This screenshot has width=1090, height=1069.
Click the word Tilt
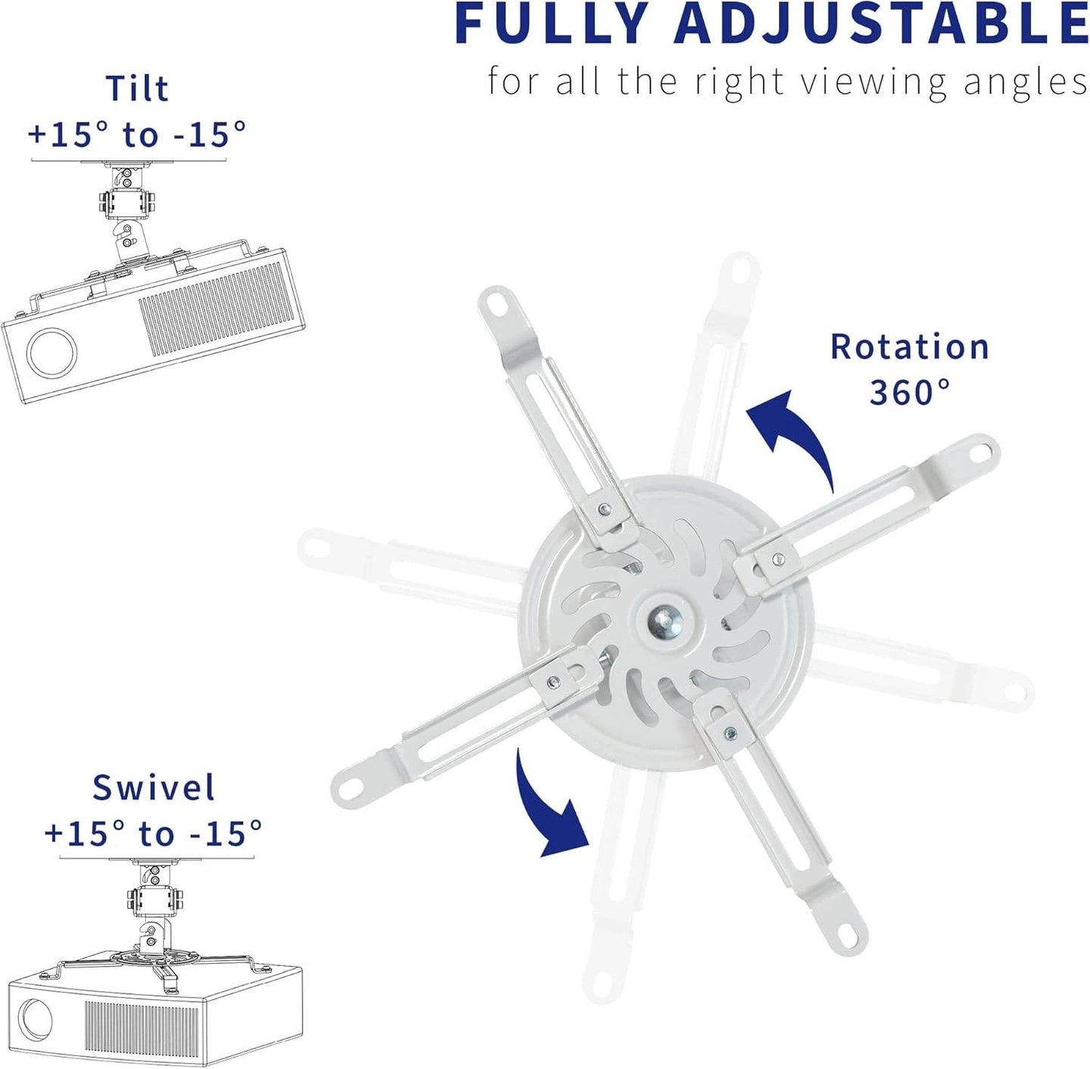pyautogui.click(x=138, y=89)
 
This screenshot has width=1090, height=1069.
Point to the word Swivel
pyautogui.click(x=154, y=788)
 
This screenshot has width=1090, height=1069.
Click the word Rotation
pyautogui.click(x=910, y=346)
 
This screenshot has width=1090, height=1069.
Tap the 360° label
pyautogui.click(x=910, y=393)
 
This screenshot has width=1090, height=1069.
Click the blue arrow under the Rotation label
pyautogui.click(x=792, y=436)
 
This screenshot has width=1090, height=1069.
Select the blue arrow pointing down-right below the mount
pyautogui.click(x=550, y=806)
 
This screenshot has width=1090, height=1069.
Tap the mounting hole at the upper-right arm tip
pyautogui.click(x=979, y=452)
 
